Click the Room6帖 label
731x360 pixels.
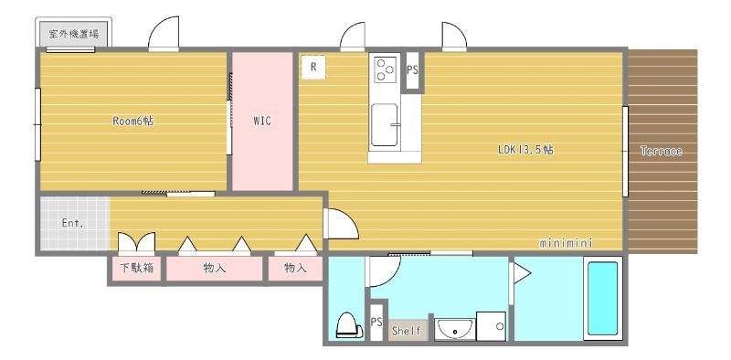click(x=132, y=121)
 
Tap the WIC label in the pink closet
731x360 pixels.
click(x=261, y=121)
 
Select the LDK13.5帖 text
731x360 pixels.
click(x=524, y=150)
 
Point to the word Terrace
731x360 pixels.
click(x=661, y=151)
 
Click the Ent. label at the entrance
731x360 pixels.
click(x=73, y=222)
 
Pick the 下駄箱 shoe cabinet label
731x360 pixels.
click(x=136, y=269)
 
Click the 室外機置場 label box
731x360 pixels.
click(x=73, y=35)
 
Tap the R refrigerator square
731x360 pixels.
click(x=313, y=67)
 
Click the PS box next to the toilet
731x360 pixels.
click(x=376, y=322)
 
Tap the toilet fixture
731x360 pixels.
click(x=347, y=325)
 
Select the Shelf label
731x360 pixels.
click(x=407, y=331)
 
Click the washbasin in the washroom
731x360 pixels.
click(x=453, y=328)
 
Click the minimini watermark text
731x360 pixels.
click(x=567, y=243)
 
